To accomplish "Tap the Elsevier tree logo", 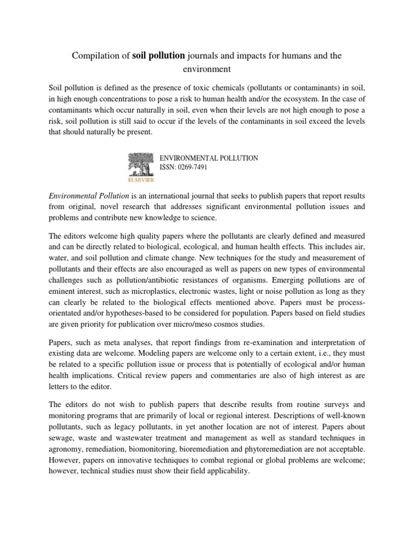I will click(140, 165).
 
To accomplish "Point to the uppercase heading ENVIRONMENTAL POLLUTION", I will click(208, 158).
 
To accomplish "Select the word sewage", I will click(62, 438).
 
